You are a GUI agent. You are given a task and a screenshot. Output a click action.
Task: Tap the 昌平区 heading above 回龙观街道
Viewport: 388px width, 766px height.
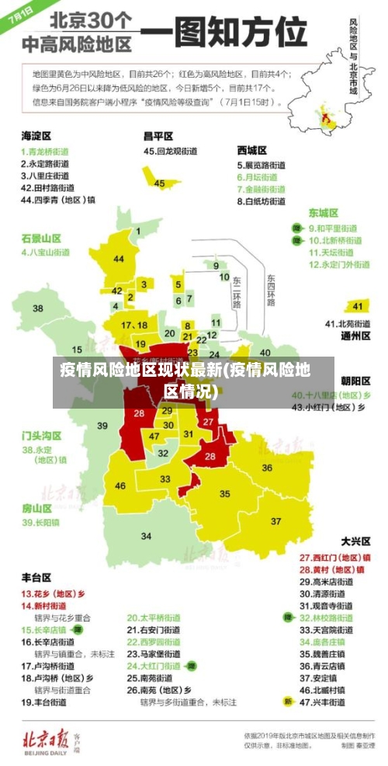pyautogui.click(x=159, y=136)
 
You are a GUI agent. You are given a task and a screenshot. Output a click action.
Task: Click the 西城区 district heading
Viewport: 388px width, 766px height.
pyautogui.click(x=252, y=150)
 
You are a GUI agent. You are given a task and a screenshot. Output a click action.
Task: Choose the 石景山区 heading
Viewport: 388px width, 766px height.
pyautogui.click(x=41, y=238)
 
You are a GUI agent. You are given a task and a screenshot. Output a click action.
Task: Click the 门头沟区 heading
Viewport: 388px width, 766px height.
pyautogui.click(x=41, y=435)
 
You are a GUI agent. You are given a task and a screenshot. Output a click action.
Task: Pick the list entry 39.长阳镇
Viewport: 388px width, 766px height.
pyautogui.click(x=40, y=523)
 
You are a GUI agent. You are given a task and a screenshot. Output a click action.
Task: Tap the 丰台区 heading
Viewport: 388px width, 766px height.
pyautogui.click(x=36, y=578)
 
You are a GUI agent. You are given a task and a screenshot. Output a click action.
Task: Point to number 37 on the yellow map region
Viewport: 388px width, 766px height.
pyautogui.click(x=276, y=521)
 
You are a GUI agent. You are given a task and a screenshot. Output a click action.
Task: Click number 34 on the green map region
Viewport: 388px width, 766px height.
pyautogui.click(x=146, y=536)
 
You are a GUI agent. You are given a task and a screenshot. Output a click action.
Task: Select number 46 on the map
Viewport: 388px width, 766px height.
pyautogui.click(x=120, y=486)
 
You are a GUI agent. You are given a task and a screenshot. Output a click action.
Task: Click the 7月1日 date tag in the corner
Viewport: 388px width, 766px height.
pyautogui.click(x=19, y=16)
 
